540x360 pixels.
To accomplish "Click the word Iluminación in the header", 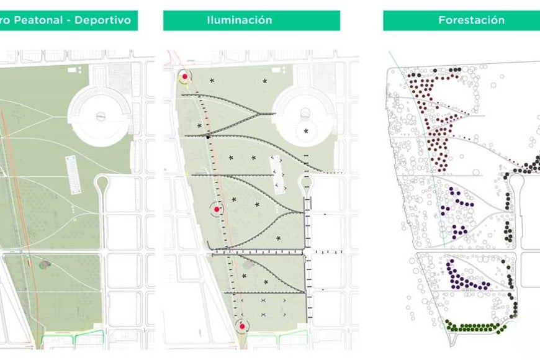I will [x=239, y=20].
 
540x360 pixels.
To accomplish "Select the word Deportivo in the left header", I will [x=102, y=20].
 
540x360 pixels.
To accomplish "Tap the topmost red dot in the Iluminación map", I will [x=184, y=77].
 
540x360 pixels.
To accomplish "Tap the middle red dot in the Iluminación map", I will [x=217, y=210].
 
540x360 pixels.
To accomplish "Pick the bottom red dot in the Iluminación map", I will [x=242, y=325].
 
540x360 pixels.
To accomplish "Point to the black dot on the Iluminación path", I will [x=209, y=135].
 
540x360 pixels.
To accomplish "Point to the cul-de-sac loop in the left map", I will [x=101, y=184].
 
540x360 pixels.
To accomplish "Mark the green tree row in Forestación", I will [x=472, y=326].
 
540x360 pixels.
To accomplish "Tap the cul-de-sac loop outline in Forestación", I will [x=516, y=180].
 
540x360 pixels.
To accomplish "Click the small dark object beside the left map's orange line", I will [x=45, y=264].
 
